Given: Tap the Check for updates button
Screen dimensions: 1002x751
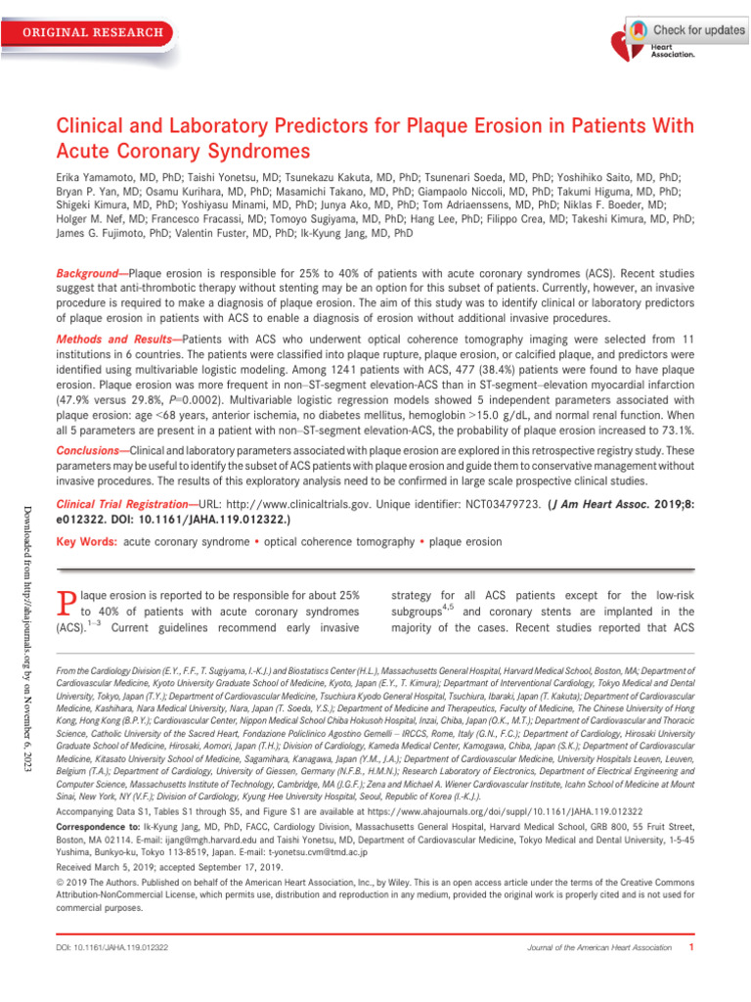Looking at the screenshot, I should coord(685,30).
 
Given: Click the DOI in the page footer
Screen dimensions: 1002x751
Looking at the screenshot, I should coord(112,948).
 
